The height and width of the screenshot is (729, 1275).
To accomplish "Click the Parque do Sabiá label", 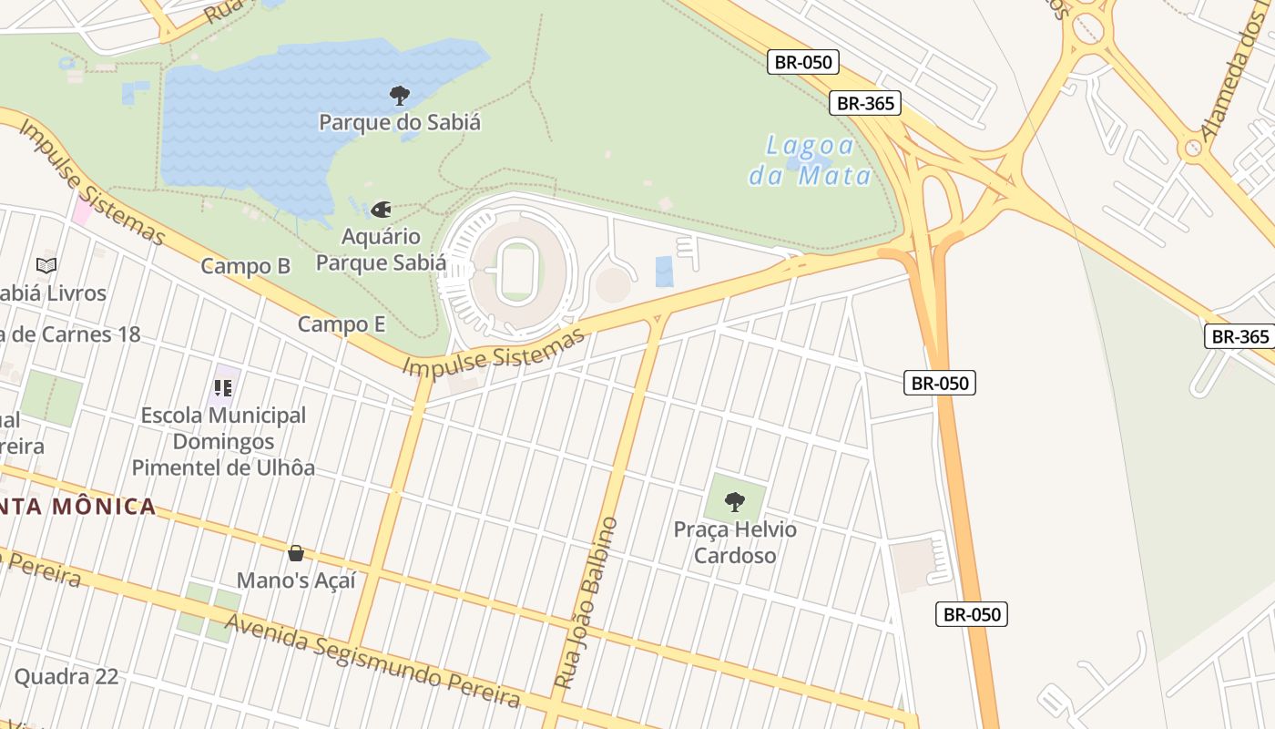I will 400,122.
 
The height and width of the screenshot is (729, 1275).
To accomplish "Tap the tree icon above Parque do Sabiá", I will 400,96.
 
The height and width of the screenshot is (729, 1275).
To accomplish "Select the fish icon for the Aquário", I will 381,210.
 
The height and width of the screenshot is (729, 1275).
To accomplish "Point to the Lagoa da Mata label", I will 811,160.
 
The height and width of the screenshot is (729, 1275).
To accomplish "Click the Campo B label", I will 245,266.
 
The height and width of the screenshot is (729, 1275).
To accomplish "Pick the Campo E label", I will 342,324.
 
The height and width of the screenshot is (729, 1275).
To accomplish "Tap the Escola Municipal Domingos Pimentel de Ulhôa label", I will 223,442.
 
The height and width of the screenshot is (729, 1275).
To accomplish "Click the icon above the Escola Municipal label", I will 223,389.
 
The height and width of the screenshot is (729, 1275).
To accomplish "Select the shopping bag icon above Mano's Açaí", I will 296,553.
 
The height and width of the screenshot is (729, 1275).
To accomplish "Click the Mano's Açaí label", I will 296,580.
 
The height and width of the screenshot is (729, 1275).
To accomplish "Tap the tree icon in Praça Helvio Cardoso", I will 735,502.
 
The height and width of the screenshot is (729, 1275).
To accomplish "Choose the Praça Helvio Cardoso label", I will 735,542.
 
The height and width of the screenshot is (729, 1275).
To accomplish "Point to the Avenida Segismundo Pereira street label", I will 372,661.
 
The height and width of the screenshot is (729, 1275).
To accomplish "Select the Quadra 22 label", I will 66,676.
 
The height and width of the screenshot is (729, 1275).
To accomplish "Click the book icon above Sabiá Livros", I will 46,266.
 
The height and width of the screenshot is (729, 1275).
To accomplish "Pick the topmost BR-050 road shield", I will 802,62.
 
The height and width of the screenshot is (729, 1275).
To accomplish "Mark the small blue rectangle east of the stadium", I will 665,272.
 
